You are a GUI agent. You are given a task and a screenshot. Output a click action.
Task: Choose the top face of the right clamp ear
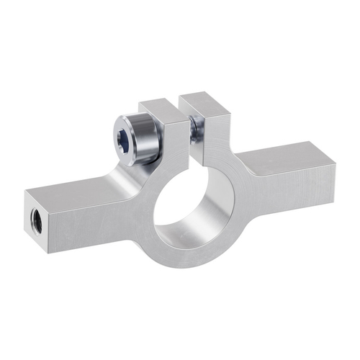204,100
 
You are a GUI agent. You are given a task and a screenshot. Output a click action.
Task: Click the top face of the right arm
288,156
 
